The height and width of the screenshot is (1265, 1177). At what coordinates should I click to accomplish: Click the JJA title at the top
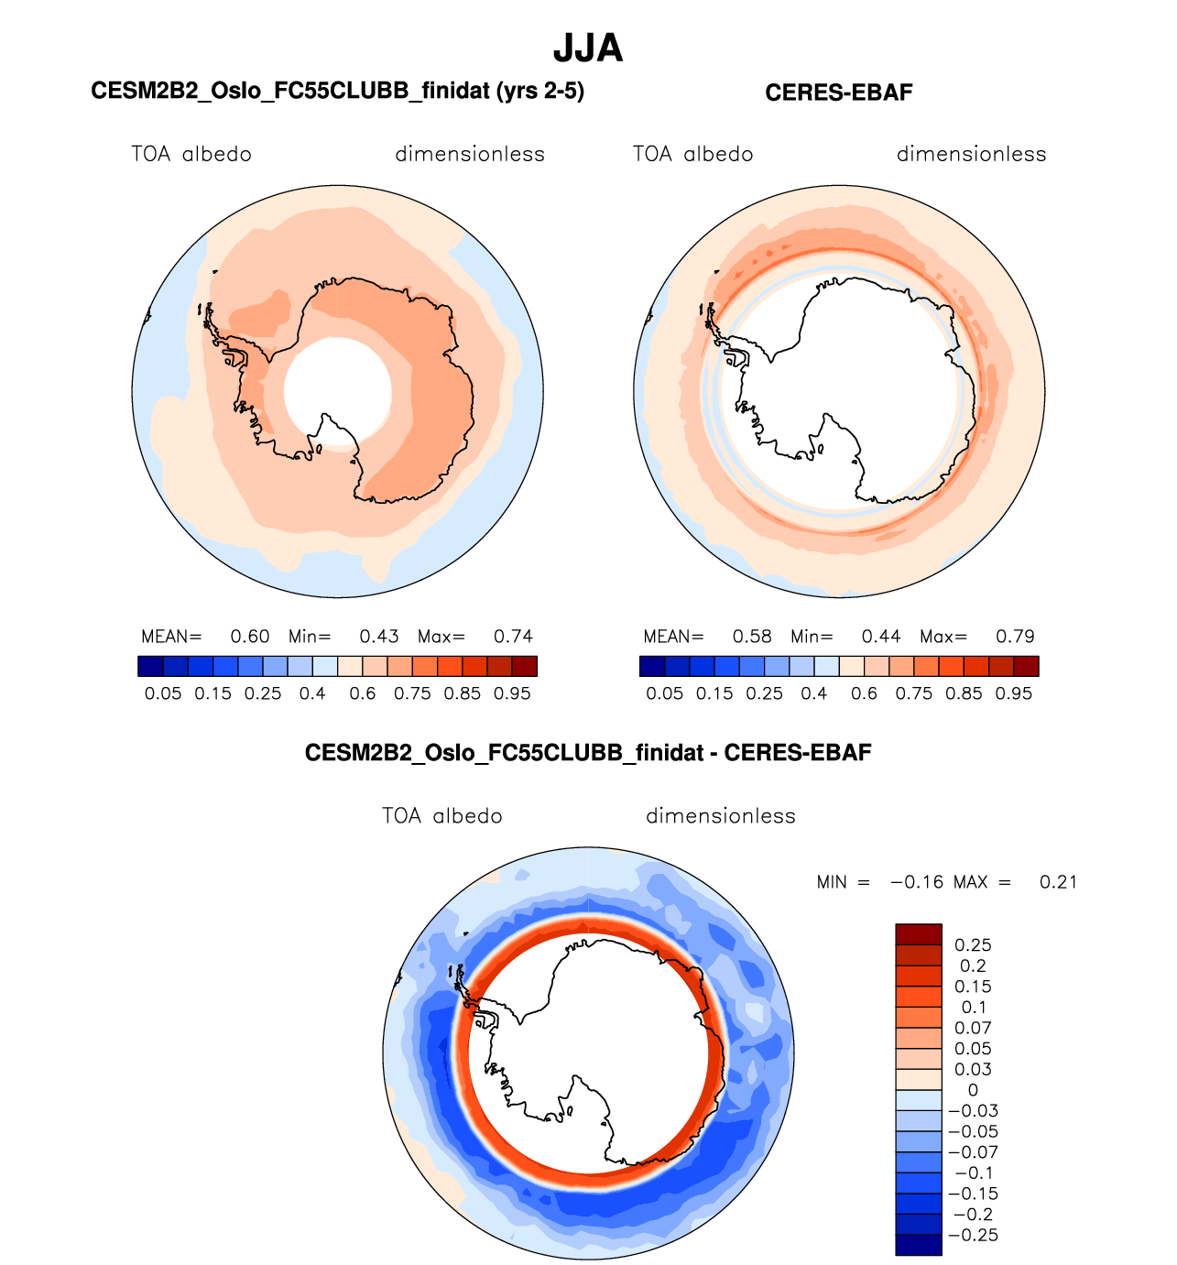588,49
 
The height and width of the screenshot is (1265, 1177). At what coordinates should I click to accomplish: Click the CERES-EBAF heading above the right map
838,93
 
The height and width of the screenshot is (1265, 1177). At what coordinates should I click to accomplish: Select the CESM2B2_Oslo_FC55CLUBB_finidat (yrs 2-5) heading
337,91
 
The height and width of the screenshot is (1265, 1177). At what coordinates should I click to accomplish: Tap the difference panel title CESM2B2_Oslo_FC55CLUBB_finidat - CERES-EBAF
588,753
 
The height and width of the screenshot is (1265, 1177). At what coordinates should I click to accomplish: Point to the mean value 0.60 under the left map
249,637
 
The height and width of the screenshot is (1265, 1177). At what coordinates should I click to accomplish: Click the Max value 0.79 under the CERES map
1015,637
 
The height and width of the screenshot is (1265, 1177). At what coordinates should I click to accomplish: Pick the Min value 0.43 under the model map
379,637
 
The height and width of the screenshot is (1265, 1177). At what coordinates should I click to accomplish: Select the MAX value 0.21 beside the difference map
1058,882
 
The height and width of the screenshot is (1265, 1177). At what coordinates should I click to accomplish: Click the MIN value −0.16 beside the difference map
917,882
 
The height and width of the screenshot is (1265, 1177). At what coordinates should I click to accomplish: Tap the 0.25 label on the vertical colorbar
973,945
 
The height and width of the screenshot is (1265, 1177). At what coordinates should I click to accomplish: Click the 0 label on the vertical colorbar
973,1090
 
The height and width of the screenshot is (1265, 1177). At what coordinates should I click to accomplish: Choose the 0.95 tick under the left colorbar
512,693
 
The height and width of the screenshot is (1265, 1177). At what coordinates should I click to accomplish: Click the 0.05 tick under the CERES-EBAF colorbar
665,693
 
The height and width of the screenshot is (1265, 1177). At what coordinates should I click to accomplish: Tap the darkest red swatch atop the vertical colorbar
918,934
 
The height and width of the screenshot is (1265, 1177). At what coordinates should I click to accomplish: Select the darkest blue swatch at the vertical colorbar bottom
918,1245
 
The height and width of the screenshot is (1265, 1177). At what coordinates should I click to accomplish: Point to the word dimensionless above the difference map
721,816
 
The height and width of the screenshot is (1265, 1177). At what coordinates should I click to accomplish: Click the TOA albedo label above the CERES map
692,154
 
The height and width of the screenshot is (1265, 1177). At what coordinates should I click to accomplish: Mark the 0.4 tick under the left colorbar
312,693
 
